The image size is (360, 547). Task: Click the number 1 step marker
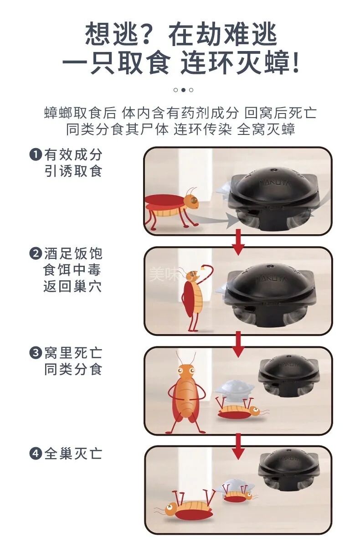[x=35, y=155]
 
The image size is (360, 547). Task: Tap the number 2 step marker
[x=35, y=254]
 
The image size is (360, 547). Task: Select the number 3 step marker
[x=35, y=353]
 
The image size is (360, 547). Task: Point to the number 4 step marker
[x=35, y=454]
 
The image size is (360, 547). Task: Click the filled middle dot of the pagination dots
[x=183, y=90]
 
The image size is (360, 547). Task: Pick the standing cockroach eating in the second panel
[x=192, y=296]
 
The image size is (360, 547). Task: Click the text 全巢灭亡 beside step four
[x=73, y=454]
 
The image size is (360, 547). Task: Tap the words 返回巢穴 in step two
[x=73, y=287]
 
